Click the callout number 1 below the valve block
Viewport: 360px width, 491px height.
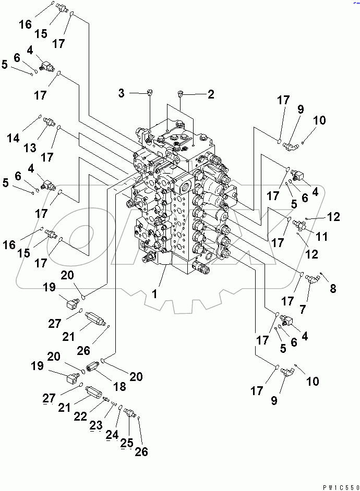coord(154,294)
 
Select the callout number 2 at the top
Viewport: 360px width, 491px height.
coord(211,94)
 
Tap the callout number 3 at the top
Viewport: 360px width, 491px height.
coord(121,93)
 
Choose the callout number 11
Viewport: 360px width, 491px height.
coord(322,236)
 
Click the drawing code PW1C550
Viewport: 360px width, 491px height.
coord(338,487)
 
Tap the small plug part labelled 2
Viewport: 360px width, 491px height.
coord(181,94)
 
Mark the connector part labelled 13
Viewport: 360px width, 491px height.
coord(50,122)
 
